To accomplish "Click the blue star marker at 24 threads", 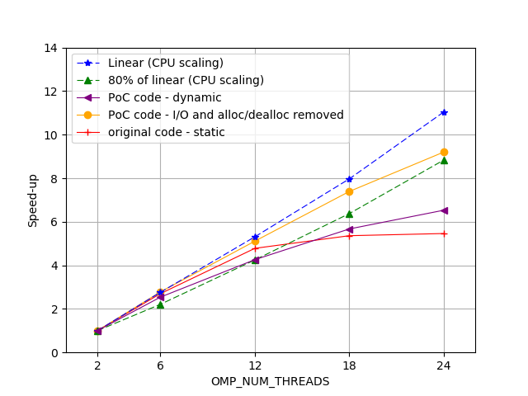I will pyautogui.click(x=444, y=112).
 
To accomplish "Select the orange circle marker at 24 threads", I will pyautogui.click(x=444, y=152).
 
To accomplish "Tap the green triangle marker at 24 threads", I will pyautogui.click(x=444, y=160).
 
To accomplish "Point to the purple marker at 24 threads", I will pyautogui.click(x=444, y=210).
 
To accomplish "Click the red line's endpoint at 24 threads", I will pyautogui.click(x=444, y=233).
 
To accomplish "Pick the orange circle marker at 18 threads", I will pyautogui.click(x=349, y=191).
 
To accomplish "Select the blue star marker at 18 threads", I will pyautogui.click(x=349, y=179).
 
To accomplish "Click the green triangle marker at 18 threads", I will pyautogui.click(x=349, y=214).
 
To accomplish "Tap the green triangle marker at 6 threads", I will pyautogui.click(x=160, y=304).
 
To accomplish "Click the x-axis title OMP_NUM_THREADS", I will pyautogui.click(x=270, y=381).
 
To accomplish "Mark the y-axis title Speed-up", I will pyautogui.click(x=33, y=200).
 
